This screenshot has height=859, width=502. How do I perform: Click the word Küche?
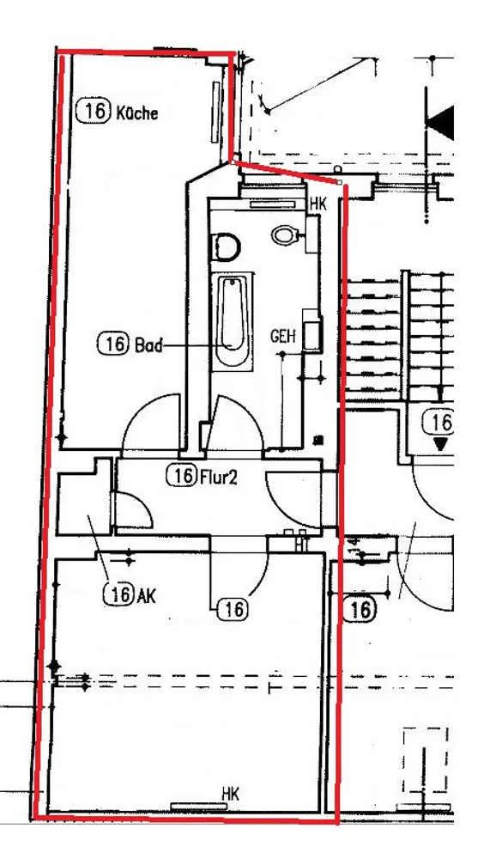coord(136,113)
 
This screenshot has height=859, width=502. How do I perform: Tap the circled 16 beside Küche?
coord(94,111)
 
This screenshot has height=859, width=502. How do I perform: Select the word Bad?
coord(148,345)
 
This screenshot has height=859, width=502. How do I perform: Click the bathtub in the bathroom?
coord(233,322)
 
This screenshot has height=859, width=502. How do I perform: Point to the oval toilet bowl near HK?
coord(284,235)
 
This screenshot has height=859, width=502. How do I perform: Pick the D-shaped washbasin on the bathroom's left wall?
coord(226,247)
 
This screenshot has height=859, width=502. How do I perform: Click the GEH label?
coord(283,336)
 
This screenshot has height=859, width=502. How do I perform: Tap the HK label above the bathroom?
coord(318,205)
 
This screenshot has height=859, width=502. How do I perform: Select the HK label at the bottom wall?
coord(231,794)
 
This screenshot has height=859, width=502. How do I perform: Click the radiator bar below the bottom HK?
coord(199,807)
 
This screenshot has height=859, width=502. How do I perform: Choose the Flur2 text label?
coord(219,478)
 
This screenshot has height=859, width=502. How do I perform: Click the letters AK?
coord(148,595)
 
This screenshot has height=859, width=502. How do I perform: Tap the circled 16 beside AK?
coord(119,594)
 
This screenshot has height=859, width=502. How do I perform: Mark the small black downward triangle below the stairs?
coord(441,443)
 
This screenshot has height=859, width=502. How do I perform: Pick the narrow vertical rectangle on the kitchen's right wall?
coord(215,112)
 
